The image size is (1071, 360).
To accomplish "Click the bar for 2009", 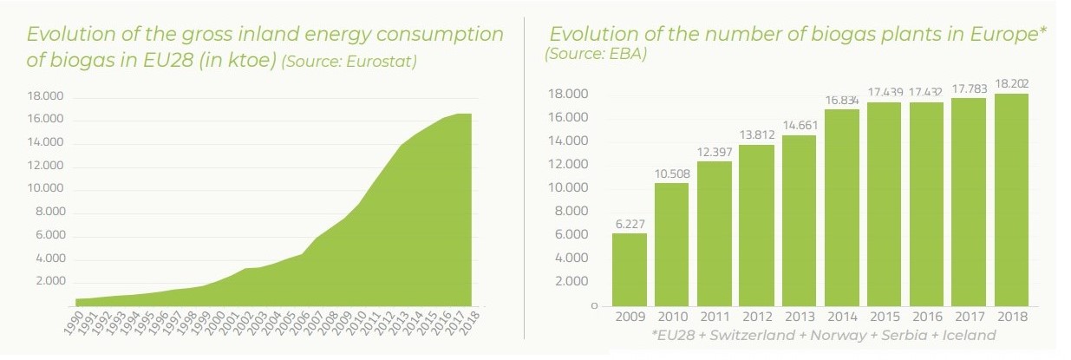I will click(629, 270).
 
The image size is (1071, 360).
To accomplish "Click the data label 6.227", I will click(629, 224).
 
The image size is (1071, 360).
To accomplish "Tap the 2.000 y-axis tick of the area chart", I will click(49, 282).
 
